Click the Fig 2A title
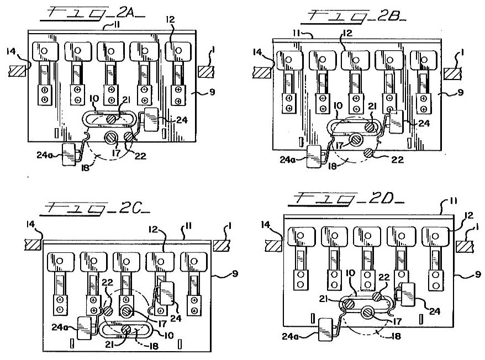coord(92,14)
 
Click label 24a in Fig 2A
coord(45,155)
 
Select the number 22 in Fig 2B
coord(397,160)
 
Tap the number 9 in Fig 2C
coord(235,273)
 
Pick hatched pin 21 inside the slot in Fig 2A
coord(112,119)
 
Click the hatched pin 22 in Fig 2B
coord(368,152)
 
